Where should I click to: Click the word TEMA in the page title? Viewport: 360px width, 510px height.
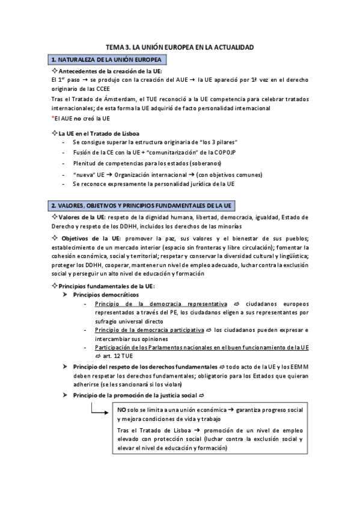(x=115, y=46)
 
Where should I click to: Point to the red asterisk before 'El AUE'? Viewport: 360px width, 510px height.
(x=53, y=118)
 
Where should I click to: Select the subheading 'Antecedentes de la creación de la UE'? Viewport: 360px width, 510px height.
(x=106, y=71)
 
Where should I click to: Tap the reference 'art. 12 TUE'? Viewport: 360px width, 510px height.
(x=119, y=356)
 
